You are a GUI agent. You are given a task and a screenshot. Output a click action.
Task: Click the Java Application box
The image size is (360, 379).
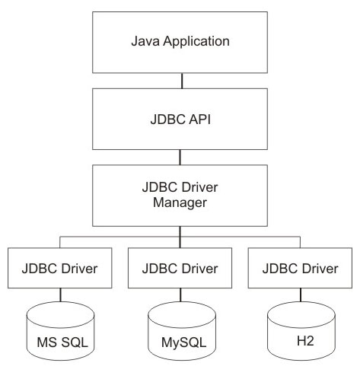coord(180,43)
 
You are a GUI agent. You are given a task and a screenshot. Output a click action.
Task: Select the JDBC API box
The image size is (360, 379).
coord(180,119)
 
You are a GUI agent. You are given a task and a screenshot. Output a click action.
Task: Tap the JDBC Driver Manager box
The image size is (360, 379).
coord(180,196)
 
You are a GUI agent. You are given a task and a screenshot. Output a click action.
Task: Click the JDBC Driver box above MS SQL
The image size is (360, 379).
coord(60,268)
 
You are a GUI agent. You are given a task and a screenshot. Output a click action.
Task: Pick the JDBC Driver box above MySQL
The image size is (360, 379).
coord(180,268)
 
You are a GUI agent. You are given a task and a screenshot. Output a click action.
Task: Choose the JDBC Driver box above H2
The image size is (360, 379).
coord(300,268)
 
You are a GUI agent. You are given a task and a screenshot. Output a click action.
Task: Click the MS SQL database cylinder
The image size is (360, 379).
coord(60,331)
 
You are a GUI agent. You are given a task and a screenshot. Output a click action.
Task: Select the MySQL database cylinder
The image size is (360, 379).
coord(182,331)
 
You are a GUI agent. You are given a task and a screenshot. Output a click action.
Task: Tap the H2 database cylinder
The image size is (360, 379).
coord(301,331)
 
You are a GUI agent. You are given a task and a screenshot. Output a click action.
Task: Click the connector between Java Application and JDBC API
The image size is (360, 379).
coord(182,81)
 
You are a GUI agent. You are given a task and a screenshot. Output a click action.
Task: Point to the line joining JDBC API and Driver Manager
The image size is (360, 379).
coord(180,158)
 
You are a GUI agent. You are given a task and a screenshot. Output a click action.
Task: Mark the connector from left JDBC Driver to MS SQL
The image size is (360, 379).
coord(60,295)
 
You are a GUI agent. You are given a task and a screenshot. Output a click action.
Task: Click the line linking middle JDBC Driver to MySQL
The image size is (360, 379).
coord(180,295)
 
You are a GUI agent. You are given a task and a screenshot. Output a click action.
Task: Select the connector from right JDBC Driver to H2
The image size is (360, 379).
coord(301,295)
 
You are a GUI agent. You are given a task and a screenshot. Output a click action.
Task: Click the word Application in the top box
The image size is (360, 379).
coord(196,42)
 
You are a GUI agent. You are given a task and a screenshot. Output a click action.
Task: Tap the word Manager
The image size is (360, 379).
coord(180,203)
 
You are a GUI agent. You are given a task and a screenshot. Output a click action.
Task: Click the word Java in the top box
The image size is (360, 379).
coord(145,41)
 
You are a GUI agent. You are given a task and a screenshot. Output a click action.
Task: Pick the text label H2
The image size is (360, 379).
coord(305,341)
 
